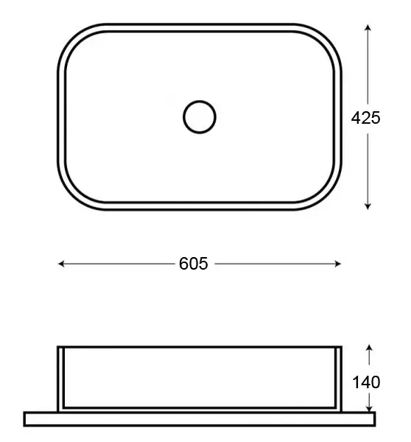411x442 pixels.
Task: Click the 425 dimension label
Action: tap(365, 118)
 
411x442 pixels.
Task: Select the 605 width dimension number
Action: tap(194, 264)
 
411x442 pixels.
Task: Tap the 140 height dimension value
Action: tap(366, 382)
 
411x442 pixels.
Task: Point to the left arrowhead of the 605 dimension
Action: tap(60, 264)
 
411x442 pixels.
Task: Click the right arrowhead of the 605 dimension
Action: tap(338, 264)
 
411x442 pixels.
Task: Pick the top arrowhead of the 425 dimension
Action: tap(368, 27)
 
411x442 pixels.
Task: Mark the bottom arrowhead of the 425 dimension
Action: tap(368, 206)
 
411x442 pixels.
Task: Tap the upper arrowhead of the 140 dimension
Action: tap(369, 347)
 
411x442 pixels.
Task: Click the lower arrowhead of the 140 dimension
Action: tap(369, 408)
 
